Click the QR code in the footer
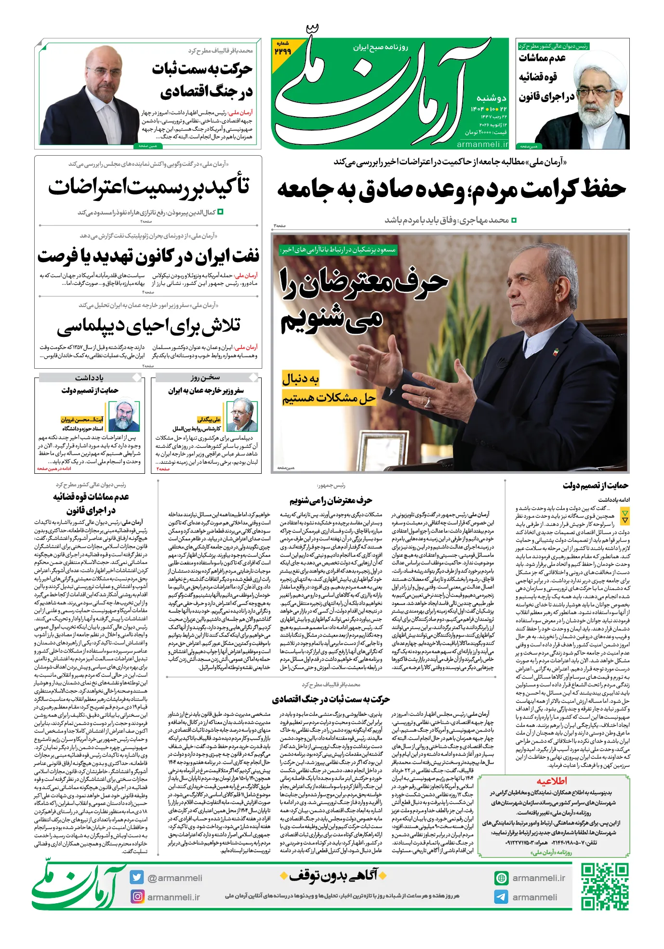[x=604, y=886]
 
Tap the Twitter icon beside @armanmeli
[x=136, y=877]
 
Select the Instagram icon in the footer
[x=137, y=896]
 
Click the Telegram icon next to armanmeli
[x=501, y=896]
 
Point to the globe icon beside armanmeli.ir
[x=501, y=878]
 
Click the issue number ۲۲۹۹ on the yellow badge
[x=282, y=51]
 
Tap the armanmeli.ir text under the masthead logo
[x=482, y=144]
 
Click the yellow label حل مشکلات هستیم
[x=329, y=398]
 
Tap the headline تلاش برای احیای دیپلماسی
[x=148, y=326]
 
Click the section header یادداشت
[x=89, y=377]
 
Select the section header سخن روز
[x=205, y=377]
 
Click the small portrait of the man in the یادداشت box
[x=124, y=415]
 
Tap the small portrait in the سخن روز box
[x=242, y=415]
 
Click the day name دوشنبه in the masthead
[x=491, y=98]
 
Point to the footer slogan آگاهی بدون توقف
[x=332, y=875]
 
